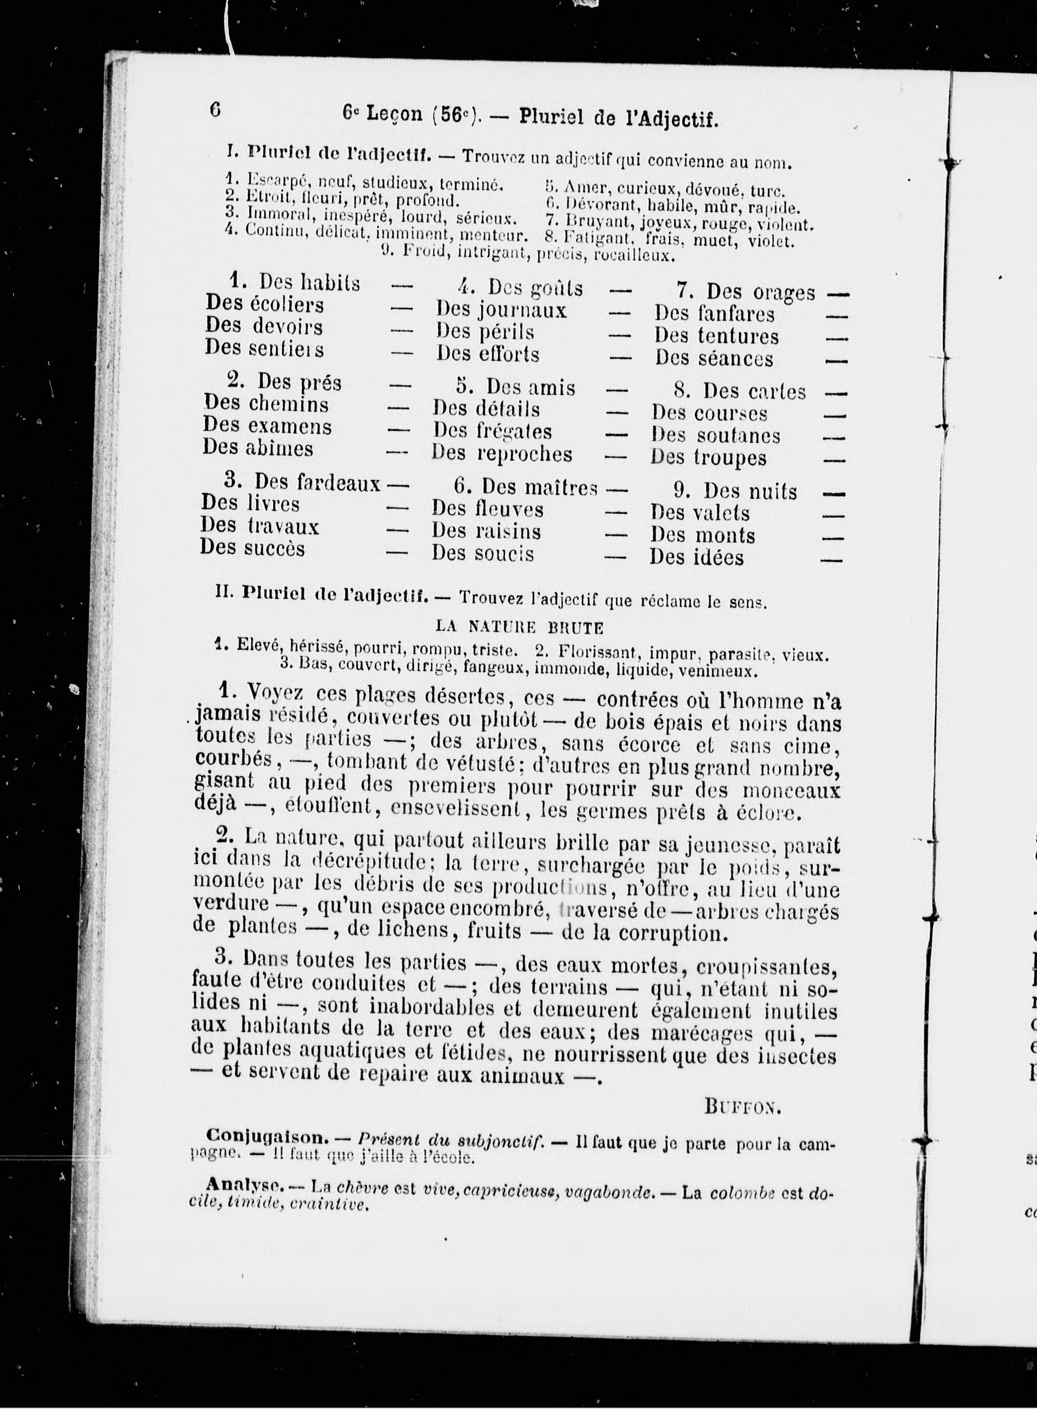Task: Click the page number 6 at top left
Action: tap(215, 110)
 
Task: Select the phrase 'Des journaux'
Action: tap(501, 310)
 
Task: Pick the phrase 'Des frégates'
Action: tap(492, 431)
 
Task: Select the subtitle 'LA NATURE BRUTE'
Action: tap(519, 627)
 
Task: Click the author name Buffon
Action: tap(742, 1106)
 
